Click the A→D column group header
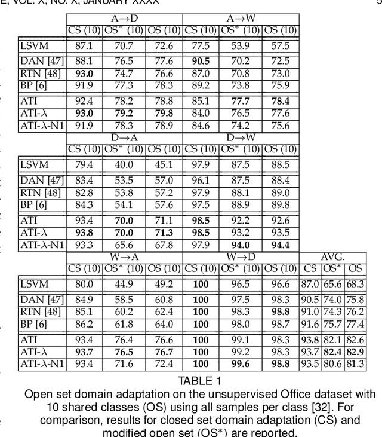point(124,18)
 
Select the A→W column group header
point(241,18)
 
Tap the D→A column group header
point(124,137)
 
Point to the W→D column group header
point(241,256)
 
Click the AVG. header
point(333,256)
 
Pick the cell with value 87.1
point(84,46)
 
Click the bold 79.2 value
point(124,114)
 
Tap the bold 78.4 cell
point(280,101)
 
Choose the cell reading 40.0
point(124,165)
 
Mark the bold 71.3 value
point(163,233)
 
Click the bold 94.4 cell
point(280,245)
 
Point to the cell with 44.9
point(124,285)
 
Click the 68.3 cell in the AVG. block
point(355,285)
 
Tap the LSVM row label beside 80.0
point(35,285)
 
